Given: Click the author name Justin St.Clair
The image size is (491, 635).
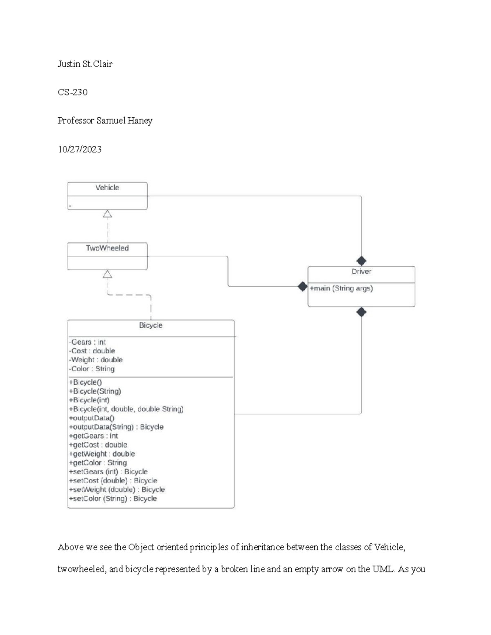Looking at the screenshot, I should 85,64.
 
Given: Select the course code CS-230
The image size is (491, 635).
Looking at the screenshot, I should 72,92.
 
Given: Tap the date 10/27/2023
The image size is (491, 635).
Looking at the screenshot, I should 79,149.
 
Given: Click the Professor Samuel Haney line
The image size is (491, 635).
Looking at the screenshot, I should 105,121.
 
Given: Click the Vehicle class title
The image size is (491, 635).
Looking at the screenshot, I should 107,188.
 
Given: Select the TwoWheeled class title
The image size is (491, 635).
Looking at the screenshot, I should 107,248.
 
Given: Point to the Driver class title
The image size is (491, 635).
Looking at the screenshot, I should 361,272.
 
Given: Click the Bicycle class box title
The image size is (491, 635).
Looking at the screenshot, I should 151,325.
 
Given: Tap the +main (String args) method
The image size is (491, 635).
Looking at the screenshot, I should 341,289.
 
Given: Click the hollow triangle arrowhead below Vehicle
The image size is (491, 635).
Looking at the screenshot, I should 107,214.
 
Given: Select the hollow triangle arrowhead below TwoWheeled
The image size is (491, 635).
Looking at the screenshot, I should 107,274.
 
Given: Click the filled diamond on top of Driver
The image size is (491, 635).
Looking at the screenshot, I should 361,261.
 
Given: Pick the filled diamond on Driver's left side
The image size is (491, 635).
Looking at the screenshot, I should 302,287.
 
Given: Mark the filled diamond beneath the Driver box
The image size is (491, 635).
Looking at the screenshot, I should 361,312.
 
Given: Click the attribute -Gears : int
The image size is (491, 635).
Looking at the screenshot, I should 87,342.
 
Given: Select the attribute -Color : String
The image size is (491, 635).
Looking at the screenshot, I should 92,369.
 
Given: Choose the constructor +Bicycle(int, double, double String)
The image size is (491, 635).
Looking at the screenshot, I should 126,409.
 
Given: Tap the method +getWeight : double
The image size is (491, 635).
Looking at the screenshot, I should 102,454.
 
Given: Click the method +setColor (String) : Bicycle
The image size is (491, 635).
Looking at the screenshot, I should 113,498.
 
